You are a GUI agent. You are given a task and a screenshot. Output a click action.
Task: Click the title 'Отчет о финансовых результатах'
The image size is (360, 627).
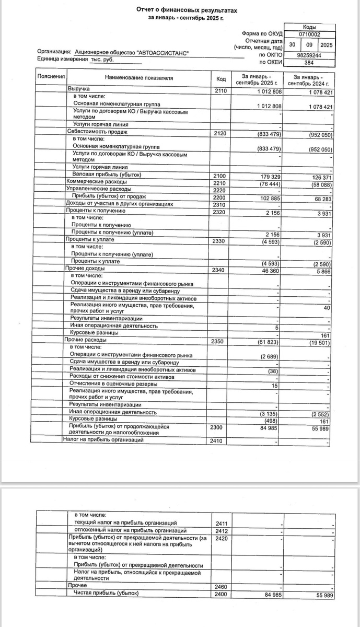[183, 10]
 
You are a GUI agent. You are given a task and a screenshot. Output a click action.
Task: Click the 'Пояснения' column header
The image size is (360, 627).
[51, 77]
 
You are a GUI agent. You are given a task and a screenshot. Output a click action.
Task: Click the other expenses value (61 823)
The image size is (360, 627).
[270, 342]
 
